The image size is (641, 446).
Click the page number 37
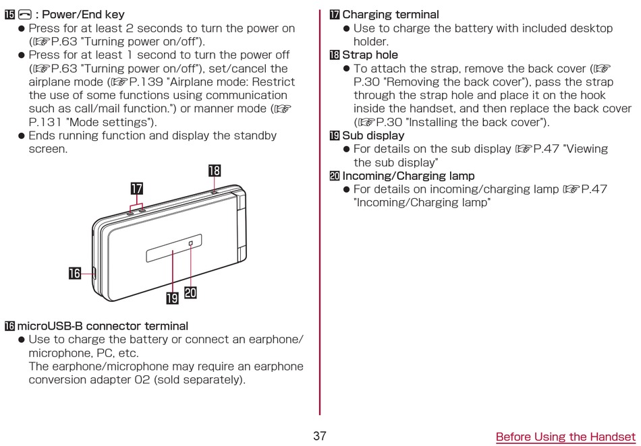[x=320, y=436]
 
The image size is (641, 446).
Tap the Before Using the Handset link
[x=566, y=437]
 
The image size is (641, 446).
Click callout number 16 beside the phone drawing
[x=75, y=273]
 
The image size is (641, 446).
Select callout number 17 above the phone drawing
[x=136, y=189]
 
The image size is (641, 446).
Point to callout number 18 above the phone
[x=215, y=170]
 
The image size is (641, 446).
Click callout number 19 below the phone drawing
[x=172, y=298]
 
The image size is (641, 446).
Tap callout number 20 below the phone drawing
[x=190, y=292]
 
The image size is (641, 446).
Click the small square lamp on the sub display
[x=191, y=243]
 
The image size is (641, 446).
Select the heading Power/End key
[x=84, y=15]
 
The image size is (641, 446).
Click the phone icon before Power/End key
[x=25, y=15]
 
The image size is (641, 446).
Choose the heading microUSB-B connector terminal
[x=103, y=326]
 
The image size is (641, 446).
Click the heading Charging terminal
[x=391, y=15]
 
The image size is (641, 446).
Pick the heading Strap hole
[x=370, y=55]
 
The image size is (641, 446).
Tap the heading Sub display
[x=373, y=135]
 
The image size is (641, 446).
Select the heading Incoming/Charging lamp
[x=408, y=176]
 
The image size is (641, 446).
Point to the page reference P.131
[x=45, y=123]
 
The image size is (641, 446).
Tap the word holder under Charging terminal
[x=371, y=42]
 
